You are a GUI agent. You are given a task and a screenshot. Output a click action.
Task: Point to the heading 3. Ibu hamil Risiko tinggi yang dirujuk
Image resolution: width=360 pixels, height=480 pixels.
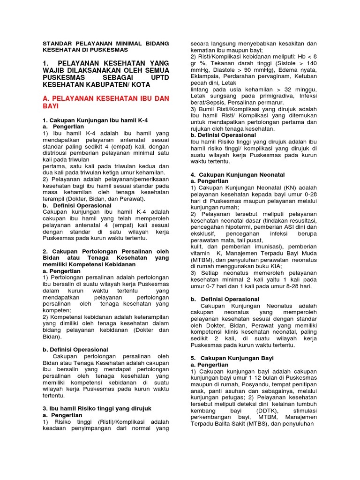(x=97, y=409)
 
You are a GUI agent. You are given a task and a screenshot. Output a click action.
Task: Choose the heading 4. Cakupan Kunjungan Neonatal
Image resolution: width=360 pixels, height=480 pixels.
(x=238, y=174)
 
